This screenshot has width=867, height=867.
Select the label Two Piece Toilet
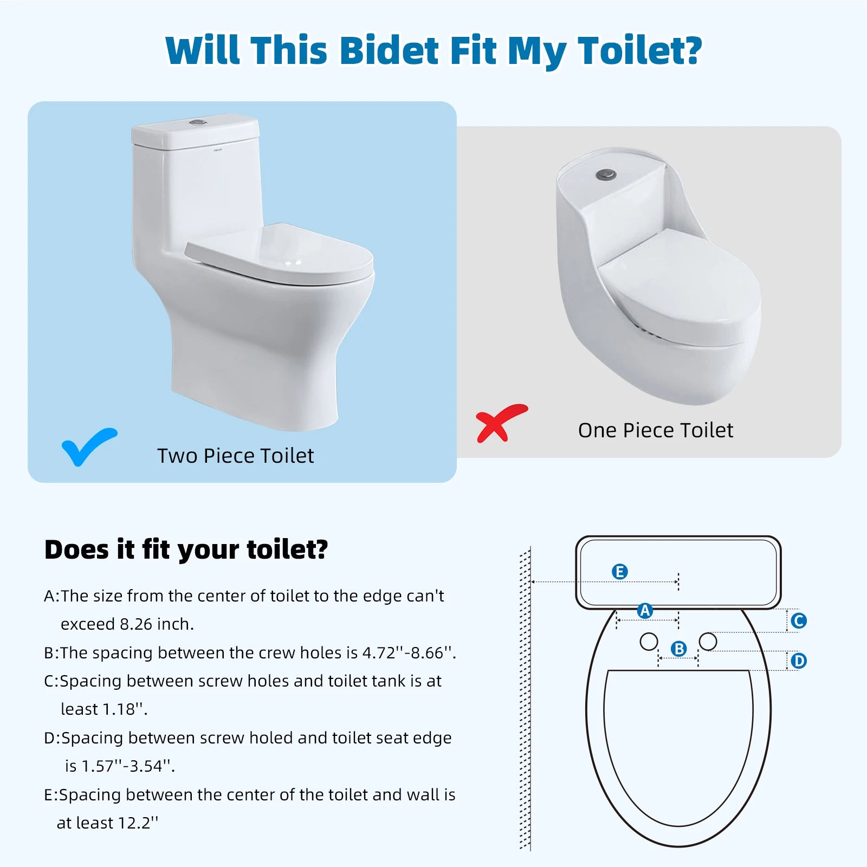coord(235,456)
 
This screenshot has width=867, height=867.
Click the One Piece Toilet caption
coord(655,430)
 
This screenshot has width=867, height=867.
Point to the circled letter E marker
coord(619,572)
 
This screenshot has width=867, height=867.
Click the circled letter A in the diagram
coord(645,611)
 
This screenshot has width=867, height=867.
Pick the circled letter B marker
coord(678,649)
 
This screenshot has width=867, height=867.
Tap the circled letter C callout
coord(798,621)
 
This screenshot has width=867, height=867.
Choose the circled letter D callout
coord(799,661)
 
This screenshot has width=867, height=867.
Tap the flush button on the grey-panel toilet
coord(606,174)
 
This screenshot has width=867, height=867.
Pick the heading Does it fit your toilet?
coord(186,549)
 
